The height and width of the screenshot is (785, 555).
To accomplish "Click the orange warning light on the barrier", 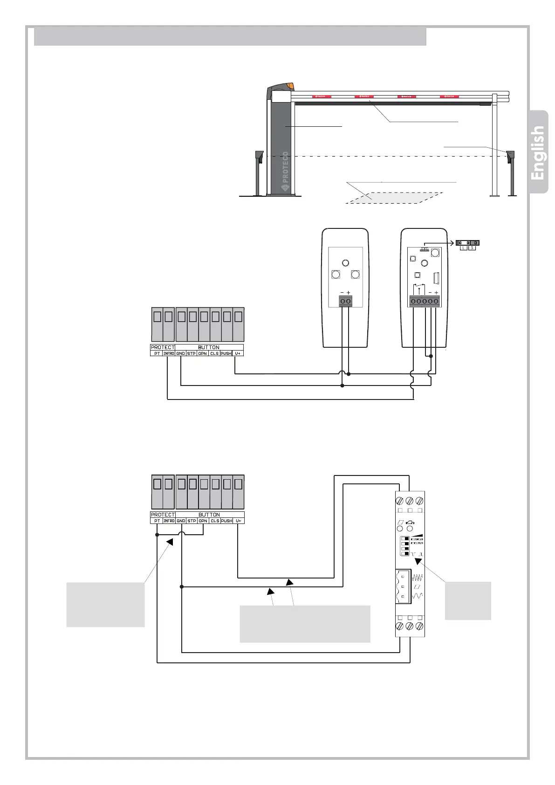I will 291,86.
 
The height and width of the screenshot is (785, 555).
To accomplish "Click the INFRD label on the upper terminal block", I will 169,353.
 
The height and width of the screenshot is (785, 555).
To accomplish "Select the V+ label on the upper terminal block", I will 238,353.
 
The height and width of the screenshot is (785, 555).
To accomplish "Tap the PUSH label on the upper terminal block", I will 226,353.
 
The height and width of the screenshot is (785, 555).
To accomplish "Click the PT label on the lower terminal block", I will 157,521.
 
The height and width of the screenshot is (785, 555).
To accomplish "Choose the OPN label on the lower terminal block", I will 203,521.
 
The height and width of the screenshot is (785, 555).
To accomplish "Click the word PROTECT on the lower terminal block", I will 163,515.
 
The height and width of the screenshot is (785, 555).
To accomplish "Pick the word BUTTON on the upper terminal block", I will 208,347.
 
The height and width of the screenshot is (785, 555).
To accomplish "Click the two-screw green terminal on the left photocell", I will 345,302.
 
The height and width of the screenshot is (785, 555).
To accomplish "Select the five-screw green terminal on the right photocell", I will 424,302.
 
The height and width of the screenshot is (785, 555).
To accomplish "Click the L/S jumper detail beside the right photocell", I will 467,245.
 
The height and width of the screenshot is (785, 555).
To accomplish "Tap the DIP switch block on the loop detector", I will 405,546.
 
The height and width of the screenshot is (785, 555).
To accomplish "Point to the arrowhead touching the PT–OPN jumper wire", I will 170,542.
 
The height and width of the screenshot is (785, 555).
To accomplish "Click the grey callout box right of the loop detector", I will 468,600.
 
